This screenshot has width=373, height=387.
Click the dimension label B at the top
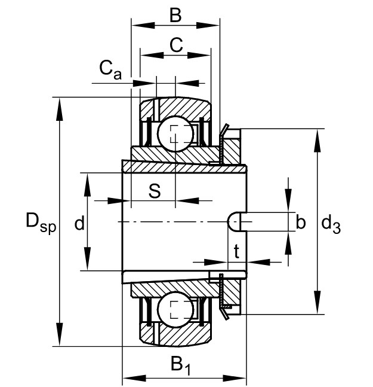pos(175,16)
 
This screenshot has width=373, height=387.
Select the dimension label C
pos(176,45)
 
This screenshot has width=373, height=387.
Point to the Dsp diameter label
pos(41,223)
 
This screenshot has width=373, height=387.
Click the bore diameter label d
pos(79,223)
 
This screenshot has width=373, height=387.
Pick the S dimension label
pos(155,191)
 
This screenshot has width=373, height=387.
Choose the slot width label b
pos(300,221)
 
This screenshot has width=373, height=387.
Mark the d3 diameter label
pos(331,224)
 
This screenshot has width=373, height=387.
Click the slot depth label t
pos(236,251)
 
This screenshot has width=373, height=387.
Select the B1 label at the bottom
pos(181,365)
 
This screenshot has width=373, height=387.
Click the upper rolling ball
pos(175,134)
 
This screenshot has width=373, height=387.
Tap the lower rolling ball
pos(175,310)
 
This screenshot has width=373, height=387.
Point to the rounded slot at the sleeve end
pos(237,222)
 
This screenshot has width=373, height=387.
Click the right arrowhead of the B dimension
pos(208,25)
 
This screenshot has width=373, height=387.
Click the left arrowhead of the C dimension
pos(152,55)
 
